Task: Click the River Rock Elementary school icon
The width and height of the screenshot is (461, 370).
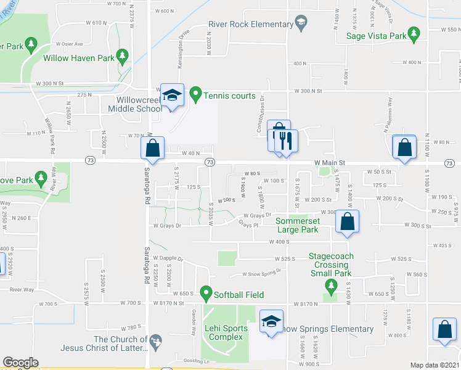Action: pyautogui.click(x=300, y=24)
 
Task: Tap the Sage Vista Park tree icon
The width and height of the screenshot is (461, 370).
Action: pyautogui.click(x=415, y=35)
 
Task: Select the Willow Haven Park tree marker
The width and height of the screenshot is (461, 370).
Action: pyautogui.click(x=123, y=57)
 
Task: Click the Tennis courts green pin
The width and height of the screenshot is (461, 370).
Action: pyautogui.click(x=196, y=94)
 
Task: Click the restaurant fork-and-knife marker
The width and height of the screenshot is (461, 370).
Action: pyautogui.click(x=287, y=140)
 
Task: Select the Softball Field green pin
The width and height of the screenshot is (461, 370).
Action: pyautogui.click(x=205, y=294)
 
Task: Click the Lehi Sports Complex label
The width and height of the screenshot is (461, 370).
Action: pyautogui.click(x=227, y=332)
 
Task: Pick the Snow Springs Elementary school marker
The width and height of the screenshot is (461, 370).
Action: pyautogui.click(x=269, y=321)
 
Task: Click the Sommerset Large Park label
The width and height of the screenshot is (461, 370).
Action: pyautogui.click(x=297, y=225)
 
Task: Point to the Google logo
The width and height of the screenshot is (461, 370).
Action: pyautogui.click(x=20, y=363)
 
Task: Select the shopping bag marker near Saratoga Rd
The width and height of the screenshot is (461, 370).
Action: pyautogui.click(x=153, y=148)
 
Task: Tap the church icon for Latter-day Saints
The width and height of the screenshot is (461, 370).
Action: pyautogui.click(x=157, y=340)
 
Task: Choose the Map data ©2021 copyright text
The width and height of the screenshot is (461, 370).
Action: pyautogui.click(x=434, y=365)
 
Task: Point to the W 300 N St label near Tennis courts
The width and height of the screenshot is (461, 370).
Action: pyautogui.click(x=301, y=91)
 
